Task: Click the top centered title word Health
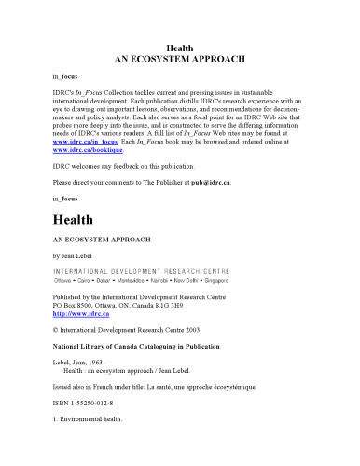[179, 47]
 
